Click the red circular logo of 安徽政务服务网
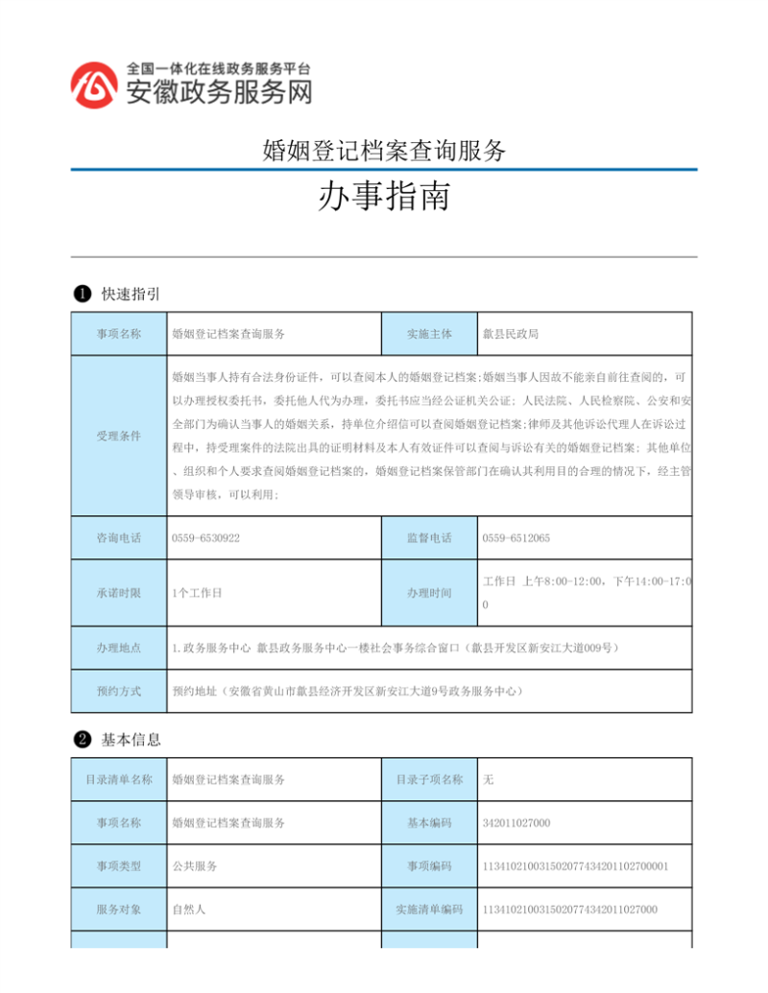(x=94, y=84)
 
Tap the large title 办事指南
(x=383, y=200)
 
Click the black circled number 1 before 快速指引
(x=83, y=294)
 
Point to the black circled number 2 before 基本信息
(x=83, y=739)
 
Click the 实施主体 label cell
(x=429, y=334)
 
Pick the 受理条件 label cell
(x=119, y=436)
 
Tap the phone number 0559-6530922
(x=205, y=538)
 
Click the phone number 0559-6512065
(x=516, y=538)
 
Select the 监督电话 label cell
(x=429, y=538)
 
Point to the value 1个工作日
(x=197, y=593)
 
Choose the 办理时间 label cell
(x=429, y=593)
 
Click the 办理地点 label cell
(x=119, y=649)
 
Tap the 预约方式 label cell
(x=119, y=691)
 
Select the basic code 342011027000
(x=516, y=822)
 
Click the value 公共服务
(x=195, y=865)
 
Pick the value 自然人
(x=189, y=909)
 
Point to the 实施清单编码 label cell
(x=429, y=909)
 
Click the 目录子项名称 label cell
(x=429, y=779)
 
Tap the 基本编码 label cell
(x=429, y=822)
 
